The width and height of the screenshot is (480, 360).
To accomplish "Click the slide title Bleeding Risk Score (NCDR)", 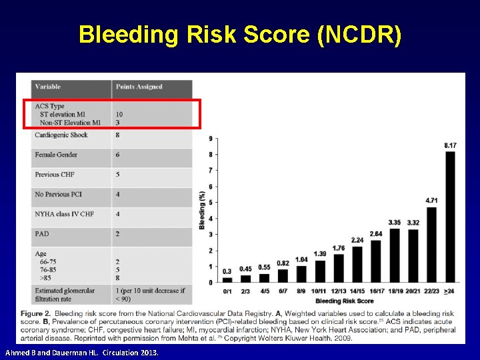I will (240, 35).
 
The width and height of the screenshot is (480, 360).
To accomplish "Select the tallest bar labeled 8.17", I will (450, 217).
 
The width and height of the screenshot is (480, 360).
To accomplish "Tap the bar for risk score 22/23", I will (431, 244).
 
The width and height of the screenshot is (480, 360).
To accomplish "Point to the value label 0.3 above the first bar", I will (227, 271).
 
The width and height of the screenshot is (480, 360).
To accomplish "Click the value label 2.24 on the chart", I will (357, 240).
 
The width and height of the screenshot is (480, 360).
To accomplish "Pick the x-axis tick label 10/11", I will (319, 291).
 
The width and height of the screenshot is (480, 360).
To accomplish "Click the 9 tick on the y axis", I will (211, 139).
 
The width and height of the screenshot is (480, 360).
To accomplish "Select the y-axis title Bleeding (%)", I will (202, 210).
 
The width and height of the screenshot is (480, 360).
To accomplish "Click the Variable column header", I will (47, 87).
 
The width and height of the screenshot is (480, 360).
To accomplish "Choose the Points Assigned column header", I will (139, 87).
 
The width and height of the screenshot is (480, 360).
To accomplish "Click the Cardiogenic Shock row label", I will (61, 135).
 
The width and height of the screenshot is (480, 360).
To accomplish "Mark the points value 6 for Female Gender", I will (117, 155).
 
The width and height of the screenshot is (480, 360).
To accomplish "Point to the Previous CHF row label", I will (55, 175).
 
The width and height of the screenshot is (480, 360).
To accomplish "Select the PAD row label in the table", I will (41, 234).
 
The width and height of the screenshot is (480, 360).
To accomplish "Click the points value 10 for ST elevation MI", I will (119, 115).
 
